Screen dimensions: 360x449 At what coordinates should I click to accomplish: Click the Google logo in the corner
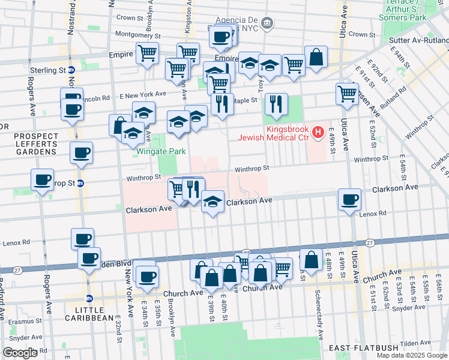pyautogui.click(x=20, y=353)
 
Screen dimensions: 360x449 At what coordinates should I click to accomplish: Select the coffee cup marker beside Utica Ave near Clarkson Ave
pyautogui.click(x=349, y=200)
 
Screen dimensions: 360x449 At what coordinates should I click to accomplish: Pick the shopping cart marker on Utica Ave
pyautogui.click(x=347, y=94)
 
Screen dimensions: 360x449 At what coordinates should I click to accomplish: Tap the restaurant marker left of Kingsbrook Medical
pyautogui.click(x=276, y=104)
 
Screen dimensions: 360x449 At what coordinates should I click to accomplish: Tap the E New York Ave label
pyautogui.click(x=142, y=95)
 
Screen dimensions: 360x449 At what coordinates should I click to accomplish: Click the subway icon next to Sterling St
pyautogui.click(x=71, y=70)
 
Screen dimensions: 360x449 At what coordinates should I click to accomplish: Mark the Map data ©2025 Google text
pyautogui.click(x=411, y=355)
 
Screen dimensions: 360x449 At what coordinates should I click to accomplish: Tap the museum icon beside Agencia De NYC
pyautogui.click(x=268, y=24)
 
